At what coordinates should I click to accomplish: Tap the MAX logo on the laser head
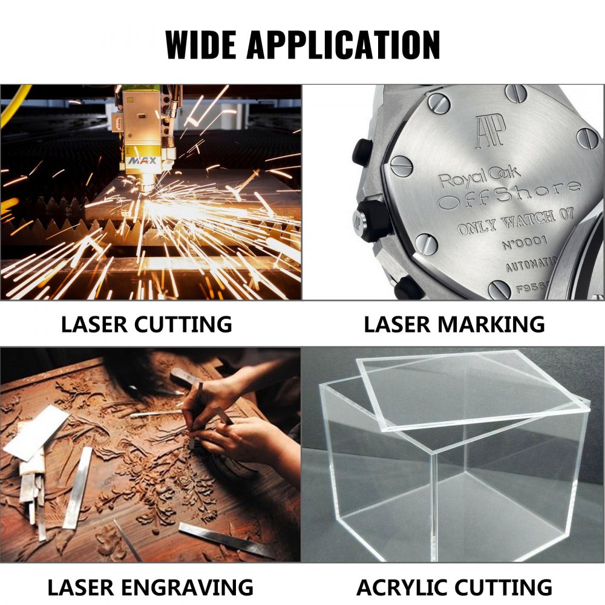142,163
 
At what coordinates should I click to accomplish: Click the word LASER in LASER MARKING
397,324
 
